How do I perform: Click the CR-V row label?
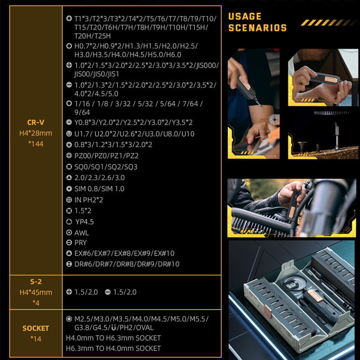tap(36, 122)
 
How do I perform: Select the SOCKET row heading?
tap(36, 328)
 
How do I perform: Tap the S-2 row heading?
tap(36, 282)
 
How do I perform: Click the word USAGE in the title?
tap(245, 17)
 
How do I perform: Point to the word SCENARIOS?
tap(257, 28)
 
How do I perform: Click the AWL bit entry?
tap(81, 233)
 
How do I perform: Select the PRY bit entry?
tap(81, 243)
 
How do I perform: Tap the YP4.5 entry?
tap(85, 222)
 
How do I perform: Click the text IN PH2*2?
tap(89, 200)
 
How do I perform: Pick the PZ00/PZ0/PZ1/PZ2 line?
tap(106, 156)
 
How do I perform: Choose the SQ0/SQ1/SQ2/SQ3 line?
tap(106, 166)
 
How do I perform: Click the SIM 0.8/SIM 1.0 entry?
tap(99, 189)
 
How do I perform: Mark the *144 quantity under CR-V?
tap(36, 144)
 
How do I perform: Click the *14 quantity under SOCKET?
tap(36, 339)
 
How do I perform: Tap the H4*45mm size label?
tap(36, 292)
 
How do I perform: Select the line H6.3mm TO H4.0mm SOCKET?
tap(113, 348)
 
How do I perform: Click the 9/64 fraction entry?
tap(82, 112)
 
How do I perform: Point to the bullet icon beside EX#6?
tap(69, 253)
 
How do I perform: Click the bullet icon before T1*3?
tap(69, 18)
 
